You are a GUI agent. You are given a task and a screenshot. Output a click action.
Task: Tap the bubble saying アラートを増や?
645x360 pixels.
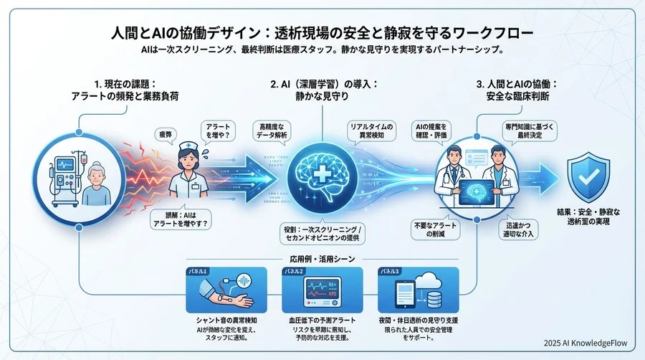(216, 131)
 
